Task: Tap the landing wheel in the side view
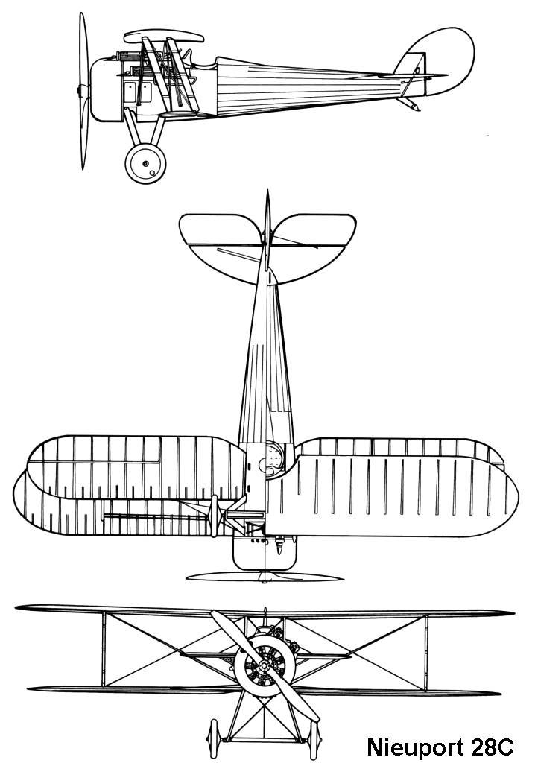click(145, 163)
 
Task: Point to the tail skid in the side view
click(411, 104)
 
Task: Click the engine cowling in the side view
click(104, 89)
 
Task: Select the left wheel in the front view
click(214, 738)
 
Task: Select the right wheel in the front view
click(315, 738)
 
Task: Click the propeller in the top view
click(265, 577)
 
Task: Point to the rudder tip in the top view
click(266, 197)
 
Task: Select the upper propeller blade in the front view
click(227, 630)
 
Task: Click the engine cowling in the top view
click(265, 551)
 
